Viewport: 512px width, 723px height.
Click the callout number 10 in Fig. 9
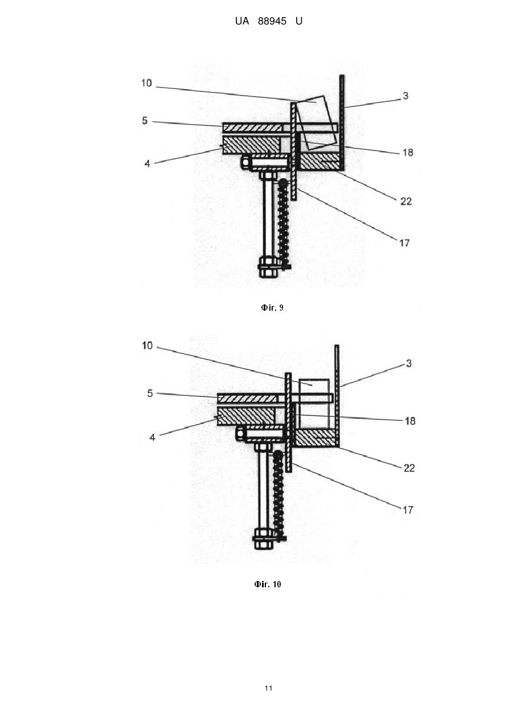coord(147,83)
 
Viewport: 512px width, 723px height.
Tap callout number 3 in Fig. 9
coord(405,95)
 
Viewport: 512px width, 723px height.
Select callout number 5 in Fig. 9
coord(145,121)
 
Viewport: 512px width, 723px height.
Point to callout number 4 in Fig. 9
coord(147,164)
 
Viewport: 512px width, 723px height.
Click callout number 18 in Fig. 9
coord(408,152)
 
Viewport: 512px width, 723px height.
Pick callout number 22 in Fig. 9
coord(406,202)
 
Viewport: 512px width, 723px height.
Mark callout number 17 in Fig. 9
coord(405,243)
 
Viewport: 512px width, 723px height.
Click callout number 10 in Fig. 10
coord(147,346)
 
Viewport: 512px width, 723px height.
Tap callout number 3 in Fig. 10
coord(409,363)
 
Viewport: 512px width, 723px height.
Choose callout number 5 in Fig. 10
coord(150,393)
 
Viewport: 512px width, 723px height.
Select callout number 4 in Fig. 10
coord(152,437)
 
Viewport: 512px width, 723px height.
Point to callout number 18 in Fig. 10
coord(410,421)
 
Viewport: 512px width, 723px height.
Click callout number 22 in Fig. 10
coord(409,468)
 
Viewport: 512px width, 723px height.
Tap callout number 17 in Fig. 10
coord(408,510)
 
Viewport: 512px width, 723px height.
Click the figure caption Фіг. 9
coord(272,308)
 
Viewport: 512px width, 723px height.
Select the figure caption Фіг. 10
coord(268,584)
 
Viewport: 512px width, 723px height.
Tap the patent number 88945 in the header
coord(272,21)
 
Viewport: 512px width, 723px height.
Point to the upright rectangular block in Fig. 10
coord(314,404)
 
